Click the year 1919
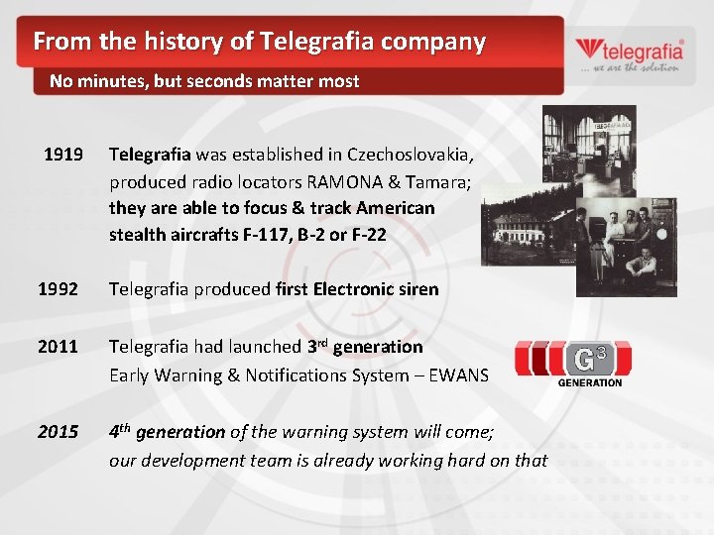tap(62, 155)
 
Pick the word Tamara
tap(435, 182)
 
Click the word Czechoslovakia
tap(411, 155)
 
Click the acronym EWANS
tap(460, 374)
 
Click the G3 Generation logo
tap(569, 361)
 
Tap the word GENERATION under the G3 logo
tap(590, 382)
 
